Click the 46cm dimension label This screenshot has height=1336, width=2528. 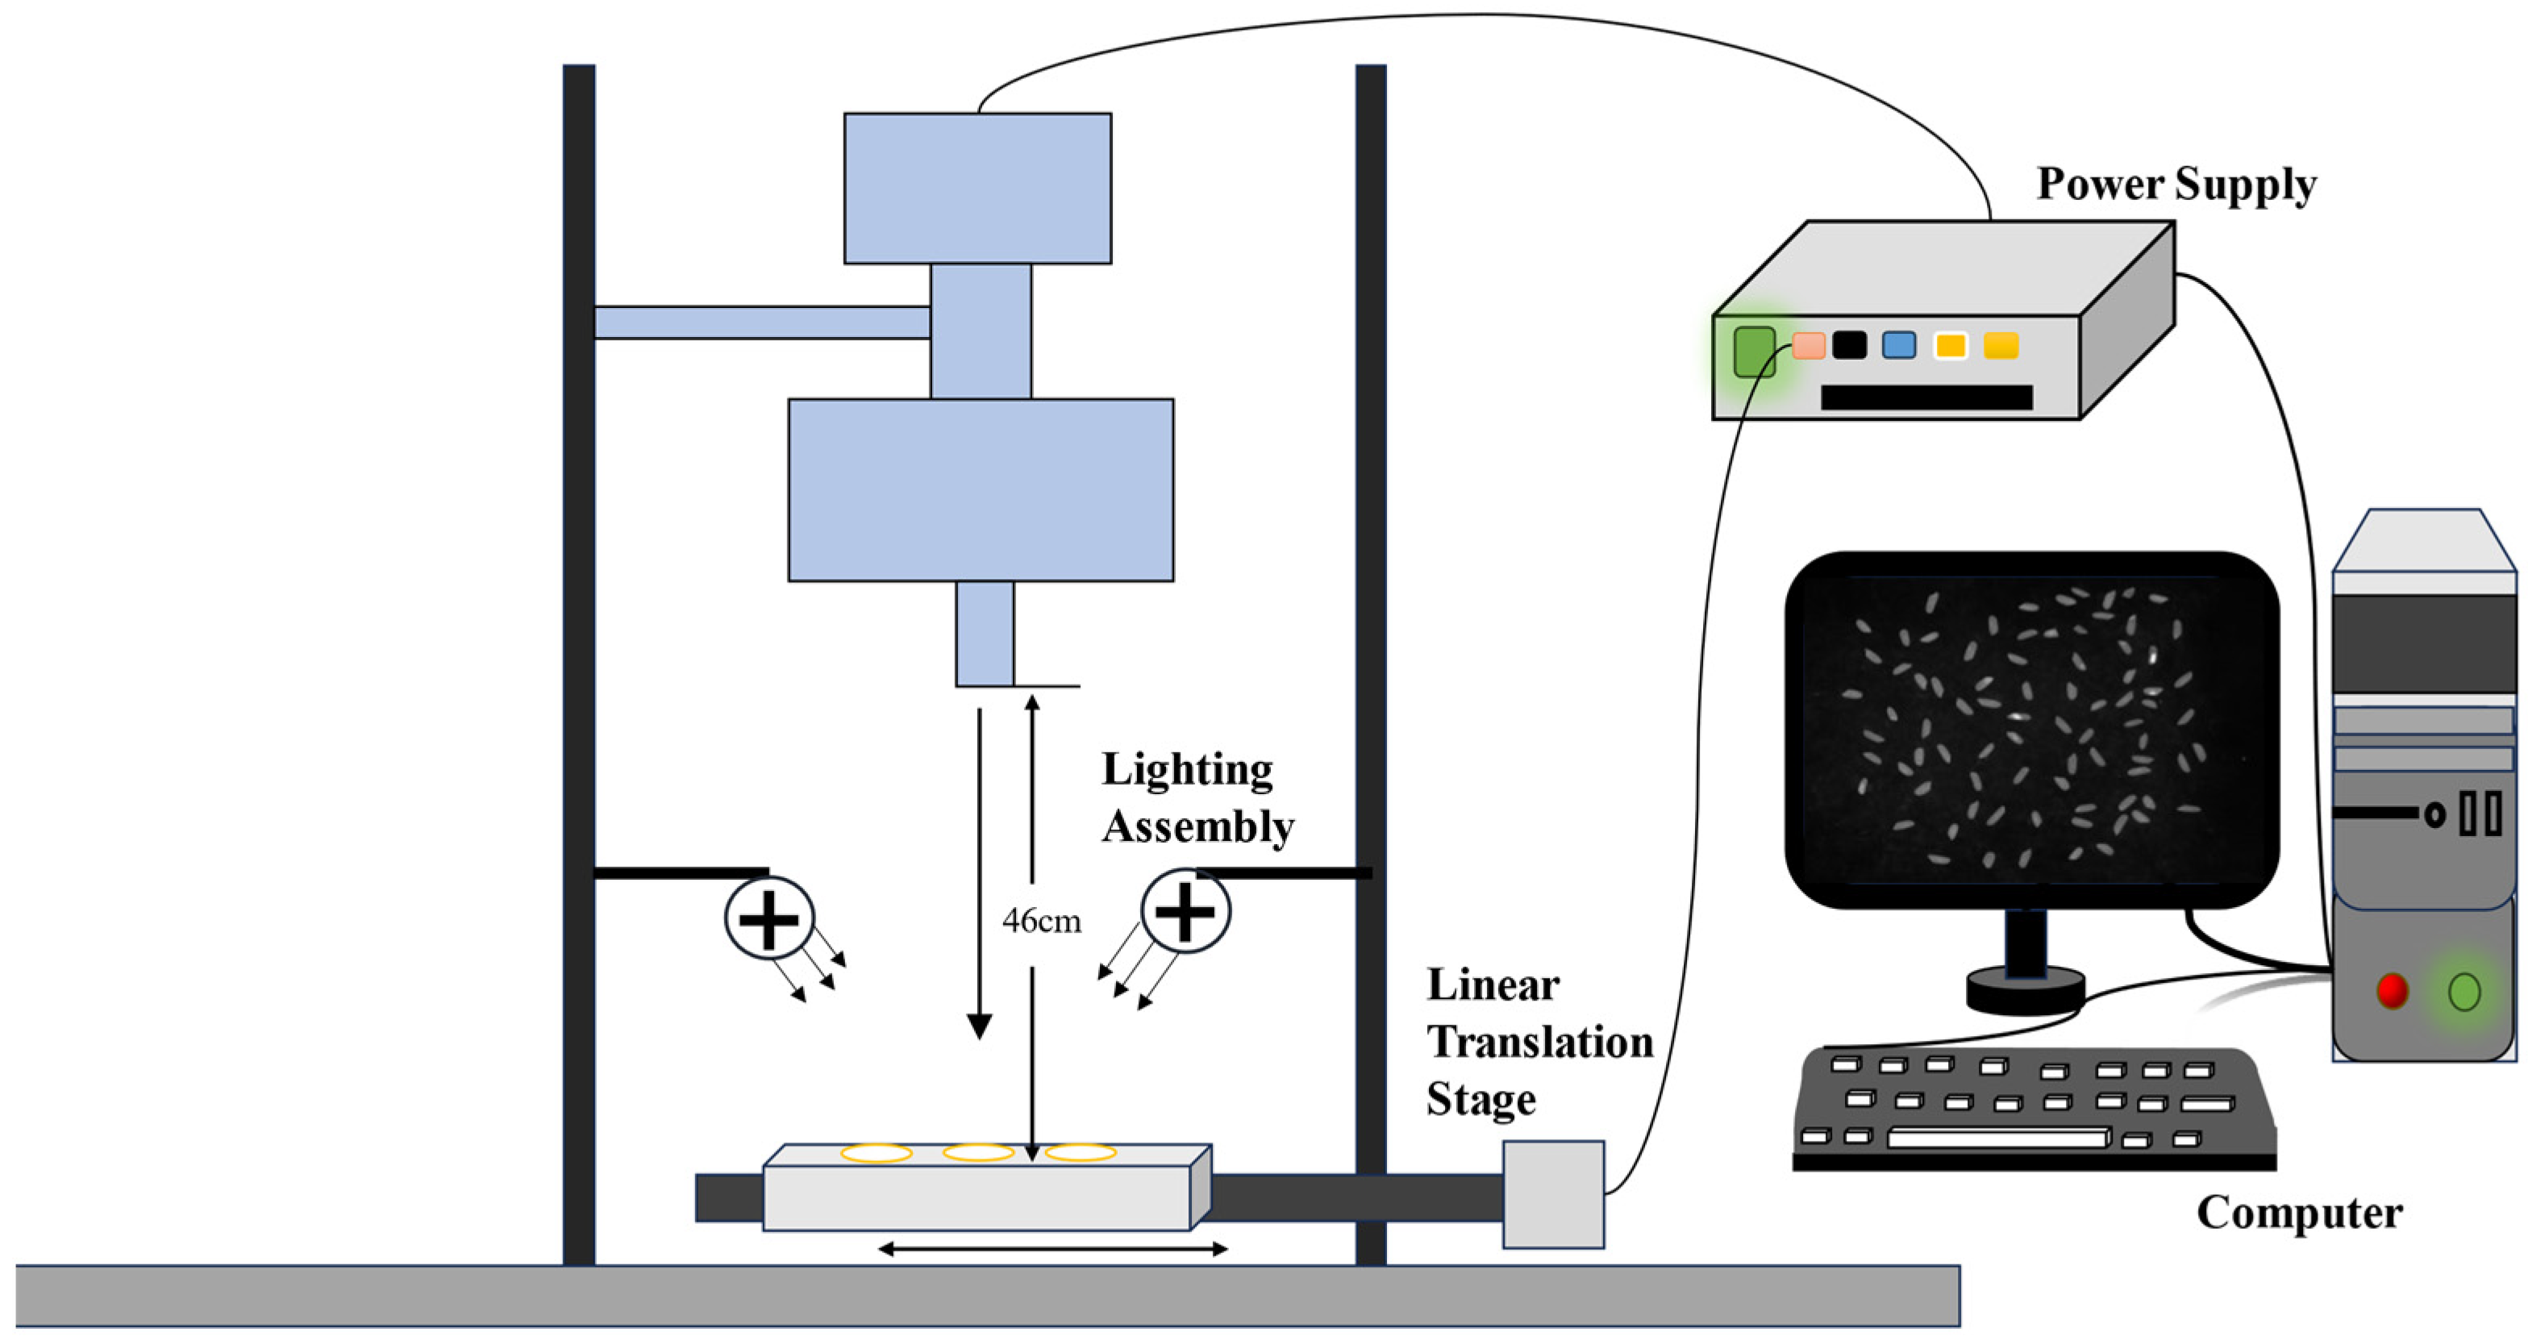tap(1041, 921)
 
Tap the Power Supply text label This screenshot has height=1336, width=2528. tap(2176, 185)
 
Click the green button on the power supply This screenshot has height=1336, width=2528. tap(1754, 352)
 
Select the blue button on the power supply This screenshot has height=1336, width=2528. tap(1899, 345)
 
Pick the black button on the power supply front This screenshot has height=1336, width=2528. tap(1849, 345)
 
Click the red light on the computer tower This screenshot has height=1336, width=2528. tap(2392, 991)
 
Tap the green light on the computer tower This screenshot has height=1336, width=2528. tap(2464, 991)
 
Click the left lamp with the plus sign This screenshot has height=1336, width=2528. tap(768, 918)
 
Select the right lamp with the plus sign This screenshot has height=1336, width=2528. tap(1185, 911)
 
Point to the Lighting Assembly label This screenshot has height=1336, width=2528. tap(1197, 797)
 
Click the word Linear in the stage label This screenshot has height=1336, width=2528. tap(1493, 984)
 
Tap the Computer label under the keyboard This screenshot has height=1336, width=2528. tap(2298, 1213)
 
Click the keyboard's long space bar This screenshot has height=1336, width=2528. tap(1997, 1138)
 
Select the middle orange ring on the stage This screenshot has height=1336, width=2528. tap(978, 1152)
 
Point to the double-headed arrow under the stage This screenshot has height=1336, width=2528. tap(1052, 1249)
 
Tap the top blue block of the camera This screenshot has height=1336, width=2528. tap(977, 189)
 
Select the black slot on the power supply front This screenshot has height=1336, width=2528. tap(1926, 397)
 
